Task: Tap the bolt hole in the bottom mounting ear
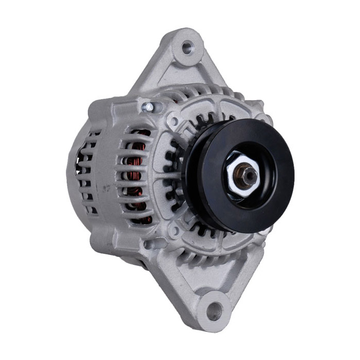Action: (x=214, y=311)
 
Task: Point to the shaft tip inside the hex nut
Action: (x=248, y=175)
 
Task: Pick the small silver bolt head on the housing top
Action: (x=148, y=107)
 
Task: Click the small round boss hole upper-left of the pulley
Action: (x=174, y=122)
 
